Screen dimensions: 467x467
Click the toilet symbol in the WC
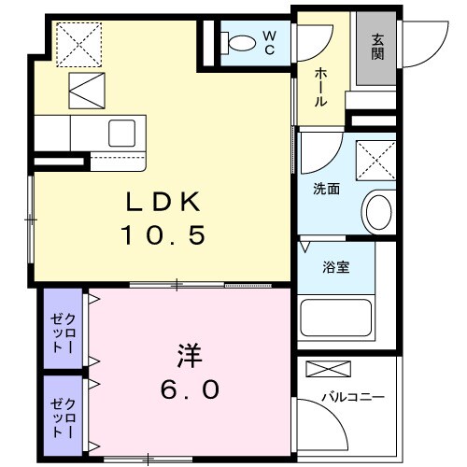coord(238,42)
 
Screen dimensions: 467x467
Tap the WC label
coord(270,43)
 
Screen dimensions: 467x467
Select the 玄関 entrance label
coord(377,47)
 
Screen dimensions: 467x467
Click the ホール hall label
coord(320,87)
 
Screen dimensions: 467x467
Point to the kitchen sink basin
coord(121,133)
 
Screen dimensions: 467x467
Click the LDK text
coord(163,202)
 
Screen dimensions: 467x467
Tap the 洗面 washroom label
coord(326,189)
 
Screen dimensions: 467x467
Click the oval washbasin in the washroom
coord(379,212)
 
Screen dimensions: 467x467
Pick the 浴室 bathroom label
coord(336,267)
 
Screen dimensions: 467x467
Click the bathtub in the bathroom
coord(336,318)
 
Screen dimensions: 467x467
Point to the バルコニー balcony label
coord(353,397)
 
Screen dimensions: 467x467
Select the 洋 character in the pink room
coord(190,356)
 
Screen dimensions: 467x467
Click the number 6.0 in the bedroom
coord(190,389)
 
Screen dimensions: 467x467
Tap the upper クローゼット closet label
coord(64,333)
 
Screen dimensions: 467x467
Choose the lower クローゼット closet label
coord(64,417)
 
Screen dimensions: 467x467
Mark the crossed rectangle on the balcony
coord(329,369)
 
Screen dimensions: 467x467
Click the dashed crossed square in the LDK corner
coord(79,45)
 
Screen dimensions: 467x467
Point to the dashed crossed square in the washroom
coord(376,161)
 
